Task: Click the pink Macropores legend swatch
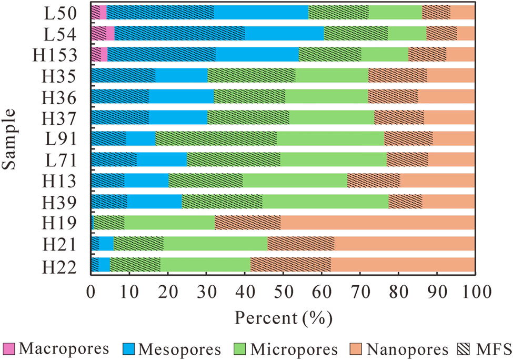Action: (x=9, y=348)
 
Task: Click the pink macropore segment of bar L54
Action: (x=110, y=33)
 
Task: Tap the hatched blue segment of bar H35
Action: (x=123, y=75)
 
